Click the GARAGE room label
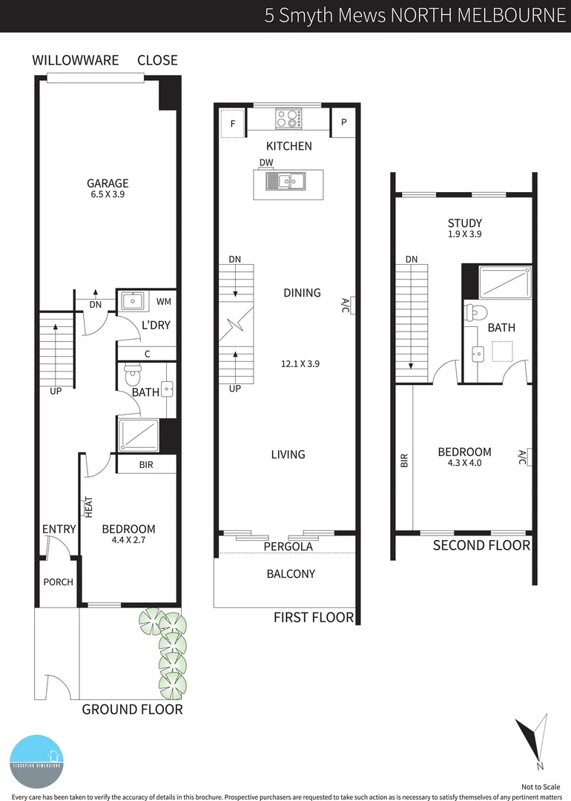108,183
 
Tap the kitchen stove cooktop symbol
288,119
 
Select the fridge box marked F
233,124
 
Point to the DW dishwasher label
266,162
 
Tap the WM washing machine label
164,302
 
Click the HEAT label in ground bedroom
88,507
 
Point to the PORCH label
58,582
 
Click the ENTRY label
59,529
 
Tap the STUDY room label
464,223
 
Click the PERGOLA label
288,547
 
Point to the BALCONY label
291,573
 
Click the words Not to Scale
542,786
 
